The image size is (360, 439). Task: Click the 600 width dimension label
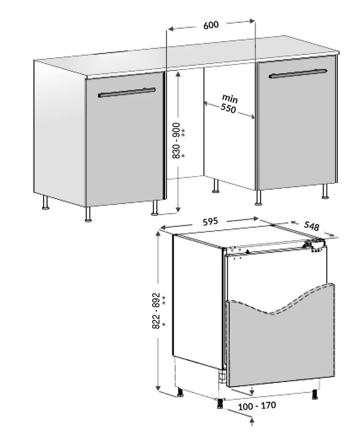point(211,25)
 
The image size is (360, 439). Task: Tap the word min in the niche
point(230,98)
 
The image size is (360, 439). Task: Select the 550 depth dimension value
point(228,108)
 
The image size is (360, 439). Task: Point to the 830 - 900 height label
point(176,140)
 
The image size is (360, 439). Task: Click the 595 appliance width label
point(210,221)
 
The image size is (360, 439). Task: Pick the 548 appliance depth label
point(311,226)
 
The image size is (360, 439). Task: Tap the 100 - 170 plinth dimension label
point(257,406)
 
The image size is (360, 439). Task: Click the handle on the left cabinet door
point(126,93)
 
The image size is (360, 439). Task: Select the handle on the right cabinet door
point(298,74)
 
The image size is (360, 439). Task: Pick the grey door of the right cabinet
point(297,122)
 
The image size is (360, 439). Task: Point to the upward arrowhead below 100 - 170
point(252,421)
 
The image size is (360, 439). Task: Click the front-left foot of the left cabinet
point(88,215)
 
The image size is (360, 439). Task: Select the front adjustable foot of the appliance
point(220,403)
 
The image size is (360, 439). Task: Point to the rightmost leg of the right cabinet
point(325,191)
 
